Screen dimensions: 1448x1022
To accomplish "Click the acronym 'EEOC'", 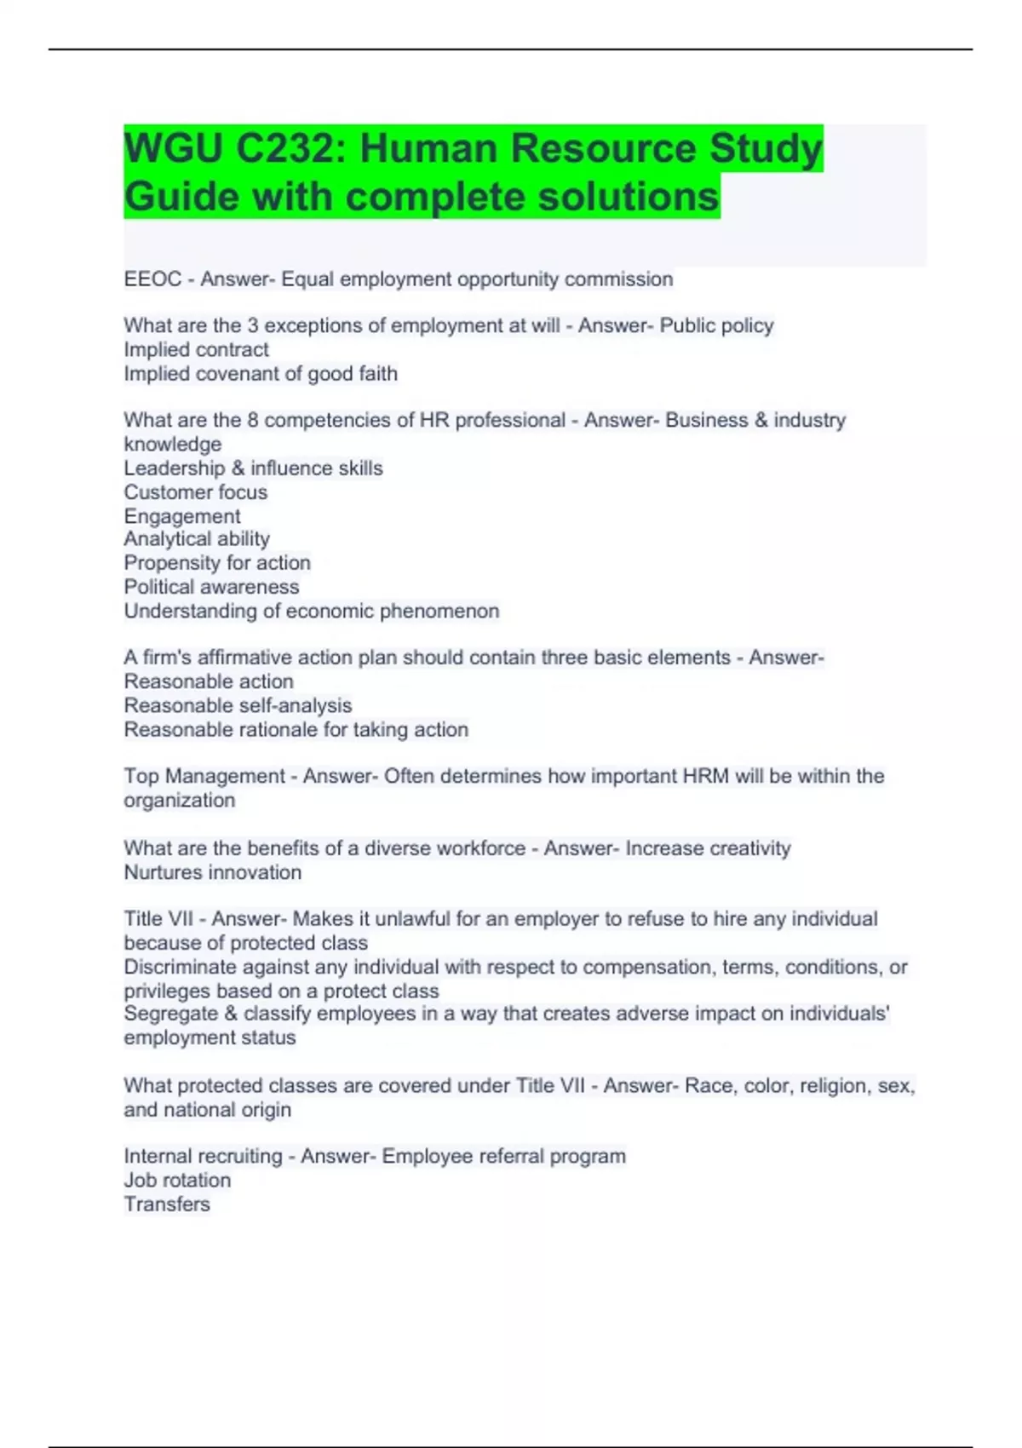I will tap(152, 279).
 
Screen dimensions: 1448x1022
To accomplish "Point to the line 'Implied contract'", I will tap(196, 350).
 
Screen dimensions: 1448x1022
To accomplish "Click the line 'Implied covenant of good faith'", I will tap(261, 374).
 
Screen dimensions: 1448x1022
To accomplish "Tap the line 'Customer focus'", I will tap(195, 492).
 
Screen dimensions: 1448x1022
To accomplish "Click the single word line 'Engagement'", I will tap(181, 516).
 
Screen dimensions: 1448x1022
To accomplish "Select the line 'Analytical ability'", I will tap(197, 539).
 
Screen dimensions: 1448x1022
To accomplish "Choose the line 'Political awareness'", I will tap(211, 587).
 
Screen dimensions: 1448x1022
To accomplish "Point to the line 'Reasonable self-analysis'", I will tap(238, 706).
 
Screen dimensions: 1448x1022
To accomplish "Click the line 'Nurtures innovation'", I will tap(212, 873).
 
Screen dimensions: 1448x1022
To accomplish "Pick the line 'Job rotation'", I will tap(177, 1181).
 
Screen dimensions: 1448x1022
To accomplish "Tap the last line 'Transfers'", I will tap(167, 1204).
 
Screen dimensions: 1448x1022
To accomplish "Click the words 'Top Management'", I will tap(204, 777).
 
